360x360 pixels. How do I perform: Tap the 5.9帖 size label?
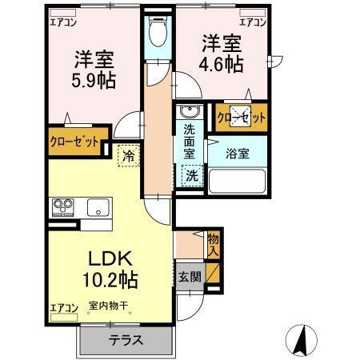93,80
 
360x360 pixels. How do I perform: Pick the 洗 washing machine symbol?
192,175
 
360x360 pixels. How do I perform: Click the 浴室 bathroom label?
238,154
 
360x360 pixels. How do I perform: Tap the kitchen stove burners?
62,208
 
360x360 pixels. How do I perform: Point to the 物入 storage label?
213,245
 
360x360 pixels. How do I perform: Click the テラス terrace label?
126,340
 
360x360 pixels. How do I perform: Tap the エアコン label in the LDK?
64,306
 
